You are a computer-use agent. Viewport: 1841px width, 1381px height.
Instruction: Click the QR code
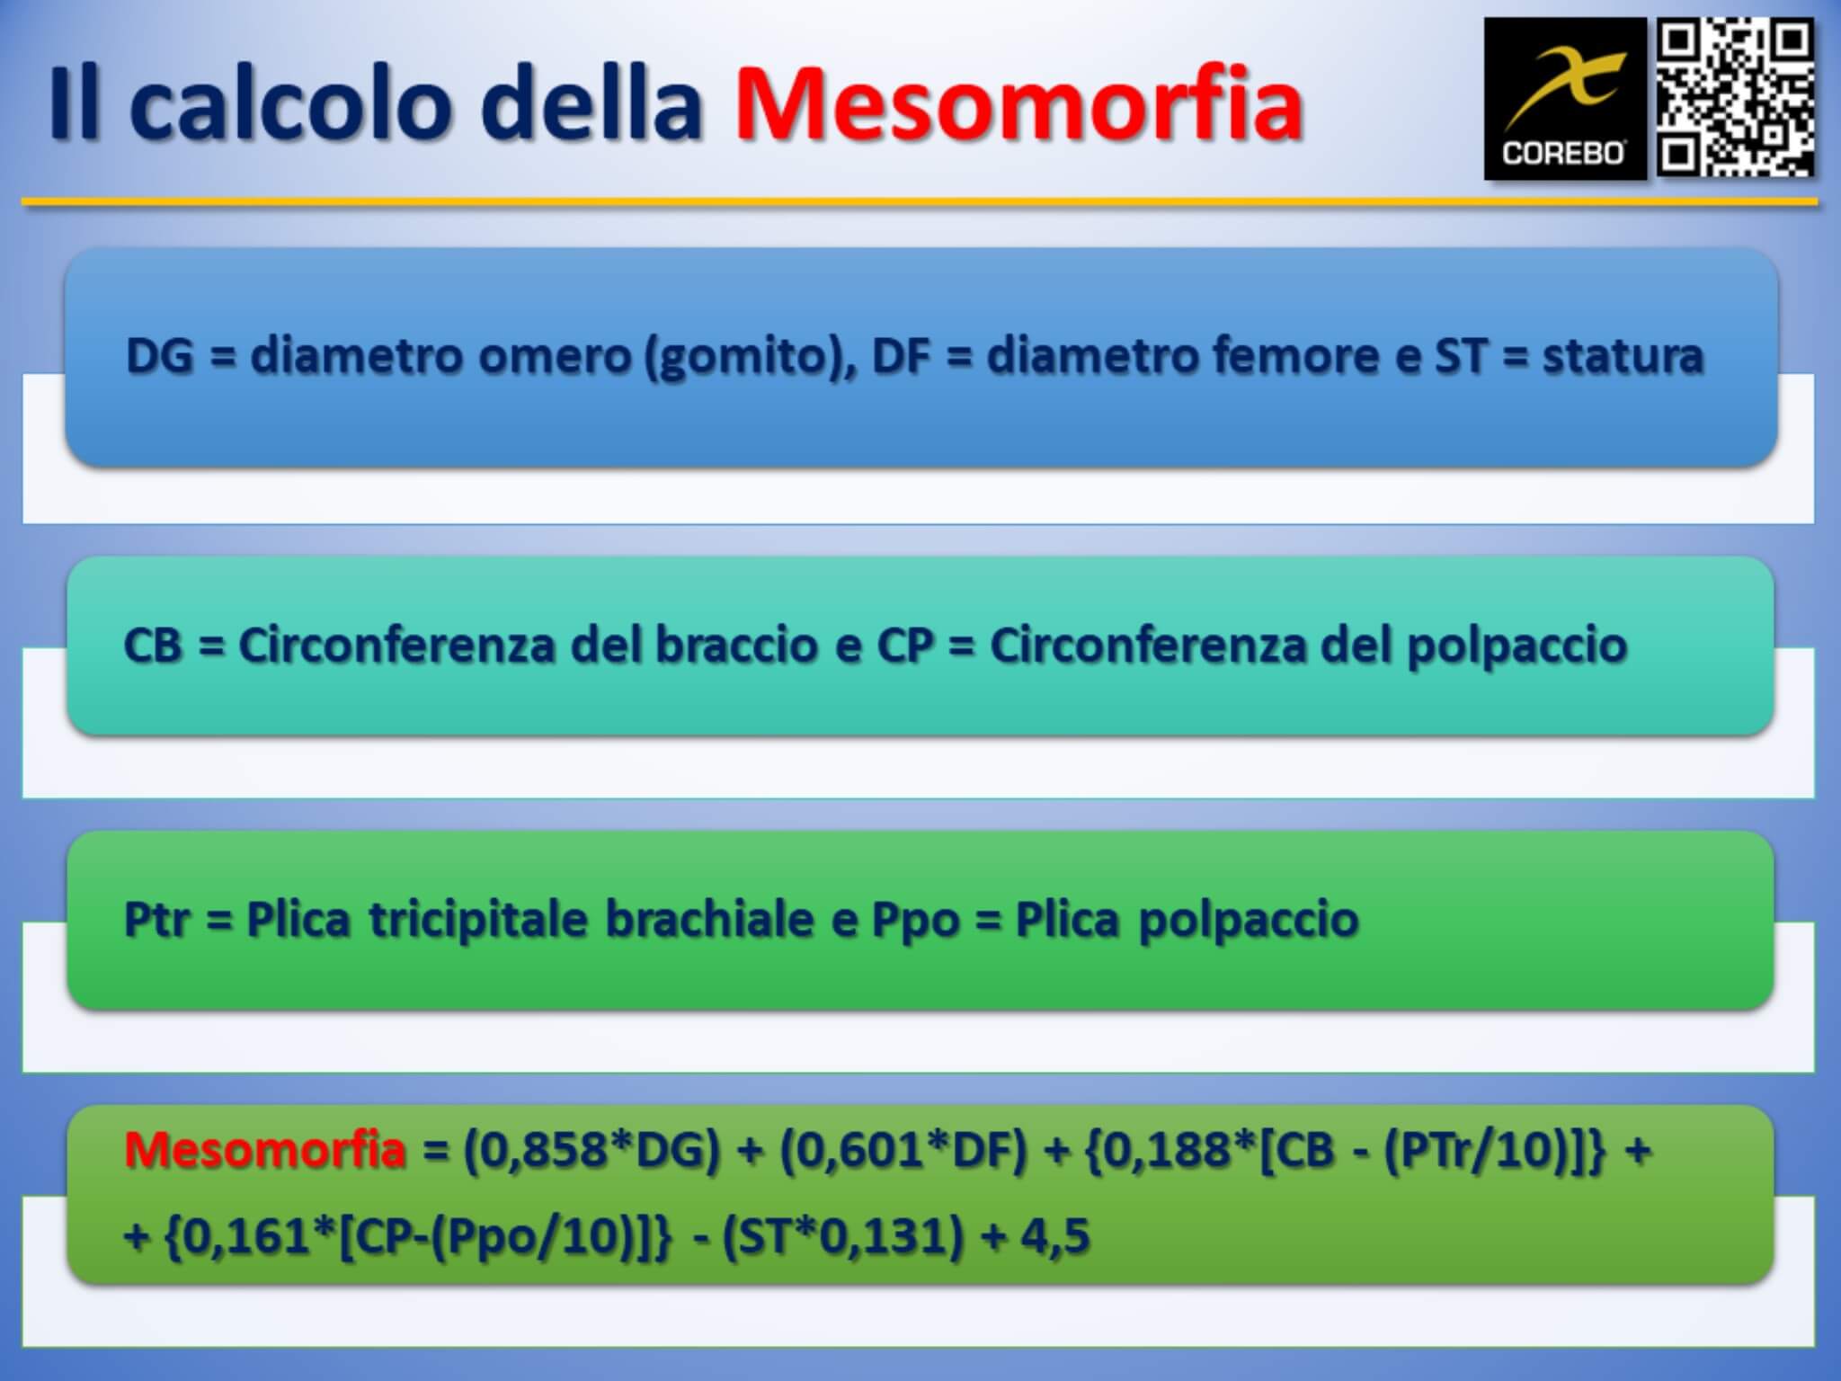coord(1736,98)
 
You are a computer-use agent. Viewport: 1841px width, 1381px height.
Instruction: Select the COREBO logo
coord(1565,99)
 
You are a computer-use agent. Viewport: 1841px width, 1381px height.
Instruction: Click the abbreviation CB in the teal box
coord(153,646)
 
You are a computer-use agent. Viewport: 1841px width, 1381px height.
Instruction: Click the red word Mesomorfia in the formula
coord(265,1150)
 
